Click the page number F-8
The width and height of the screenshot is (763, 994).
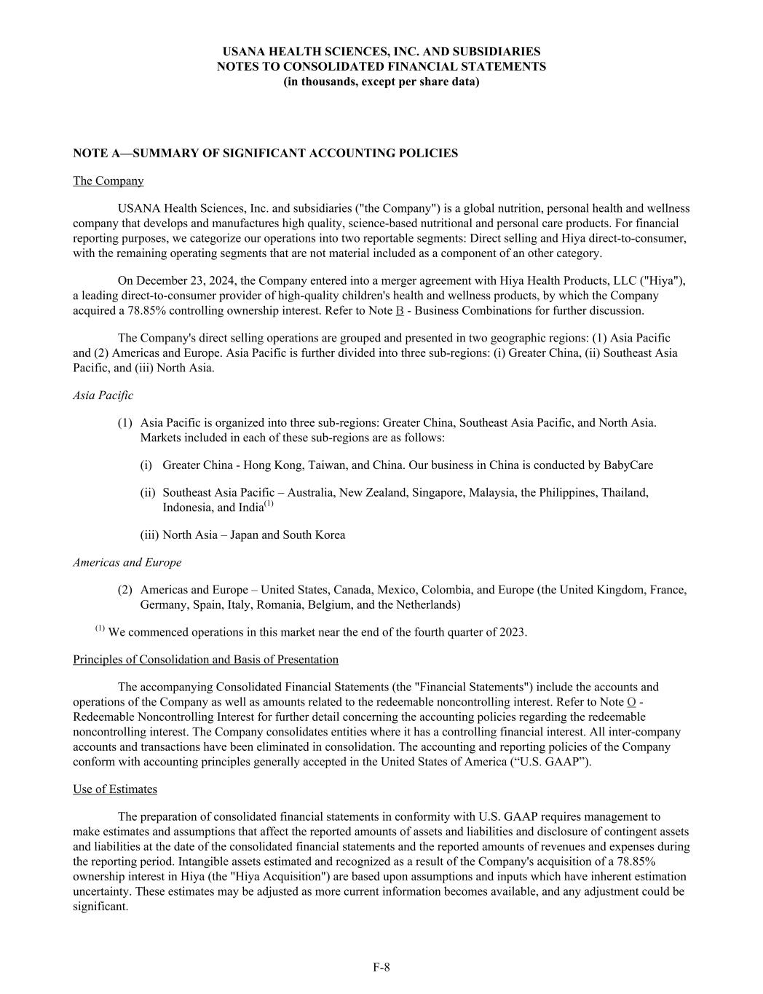[x=381, y=967]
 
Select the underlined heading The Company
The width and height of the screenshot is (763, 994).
[x=108, y=181]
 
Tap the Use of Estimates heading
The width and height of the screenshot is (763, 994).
[x=114, y=789]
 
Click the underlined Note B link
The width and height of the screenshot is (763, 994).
[x=399, y=311]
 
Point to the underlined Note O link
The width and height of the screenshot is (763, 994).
[x=631, y=702]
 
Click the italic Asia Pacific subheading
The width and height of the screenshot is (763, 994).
[x=103, y=395]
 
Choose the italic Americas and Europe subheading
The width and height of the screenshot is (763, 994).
[x=127, y=562]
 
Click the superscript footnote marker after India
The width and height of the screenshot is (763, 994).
[x=269, y=504]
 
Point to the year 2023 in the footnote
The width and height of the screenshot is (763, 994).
[x=512, y=632]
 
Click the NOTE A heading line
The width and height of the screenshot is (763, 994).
[x=265, y=153]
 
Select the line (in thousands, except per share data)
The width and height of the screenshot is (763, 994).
[x=381, y=82]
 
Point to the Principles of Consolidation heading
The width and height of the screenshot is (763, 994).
[x=205, y=660]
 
